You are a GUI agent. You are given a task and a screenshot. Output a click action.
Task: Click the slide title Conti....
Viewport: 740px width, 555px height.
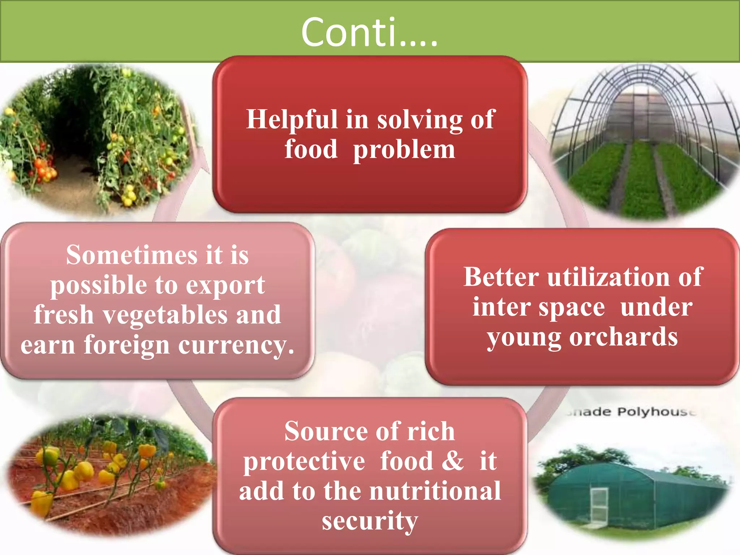[369, 33]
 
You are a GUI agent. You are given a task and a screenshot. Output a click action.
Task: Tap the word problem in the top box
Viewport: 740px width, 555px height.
[404, 150]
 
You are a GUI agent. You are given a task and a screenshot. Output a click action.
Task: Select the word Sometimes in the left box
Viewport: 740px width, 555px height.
[132, 255]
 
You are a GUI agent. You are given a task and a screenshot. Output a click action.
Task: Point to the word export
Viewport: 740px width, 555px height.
[225, 285]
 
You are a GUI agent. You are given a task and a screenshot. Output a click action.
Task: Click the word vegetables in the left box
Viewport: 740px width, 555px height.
[165, 315]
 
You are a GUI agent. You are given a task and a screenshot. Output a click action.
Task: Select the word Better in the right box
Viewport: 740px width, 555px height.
[501, 277]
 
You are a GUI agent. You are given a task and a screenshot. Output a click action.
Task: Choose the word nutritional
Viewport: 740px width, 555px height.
[435, 491]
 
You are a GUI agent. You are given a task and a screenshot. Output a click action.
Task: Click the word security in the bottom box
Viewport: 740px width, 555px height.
[370, 521]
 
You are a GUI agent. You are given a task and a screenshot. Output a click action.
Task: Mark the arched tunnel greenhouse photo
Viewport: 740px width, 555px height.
[643, 145]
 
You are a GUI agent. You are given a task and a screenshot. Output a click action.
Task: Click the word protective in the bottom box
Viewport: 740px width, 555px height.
[304, 461]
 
